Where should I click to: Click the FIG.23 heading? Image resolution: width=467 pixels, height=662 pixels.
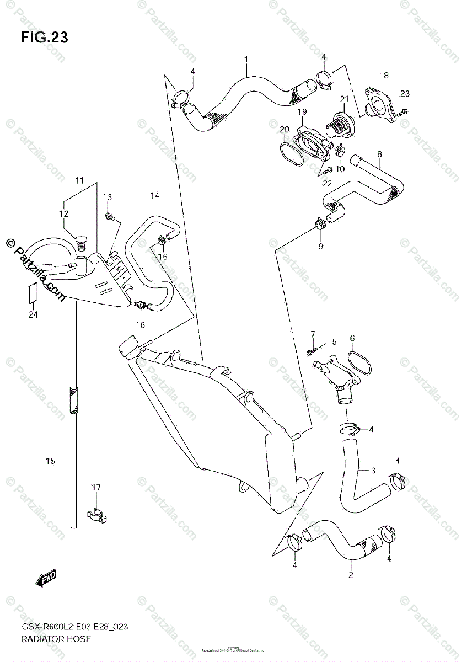45,38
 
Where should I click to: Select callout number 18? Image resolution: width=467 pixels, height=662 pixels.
383,75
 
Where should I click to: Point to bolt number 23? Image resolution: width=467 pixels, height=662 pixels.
403,112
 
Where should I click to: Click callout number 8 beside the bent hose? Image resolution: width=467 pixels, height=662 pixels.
379,154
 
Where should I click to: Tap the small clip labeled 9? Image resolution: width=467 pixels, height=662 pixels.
320,224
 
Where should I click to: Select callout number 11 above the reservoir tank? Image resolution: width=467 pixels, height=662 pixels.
80,180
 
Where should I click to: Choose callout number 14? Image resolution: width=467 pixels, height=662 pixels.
154,196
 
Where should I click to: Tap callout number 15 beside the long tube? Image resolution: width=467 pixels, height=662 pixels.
50,461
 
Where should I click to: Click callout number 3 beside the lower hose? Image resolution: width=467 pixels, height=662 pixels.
373,471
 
